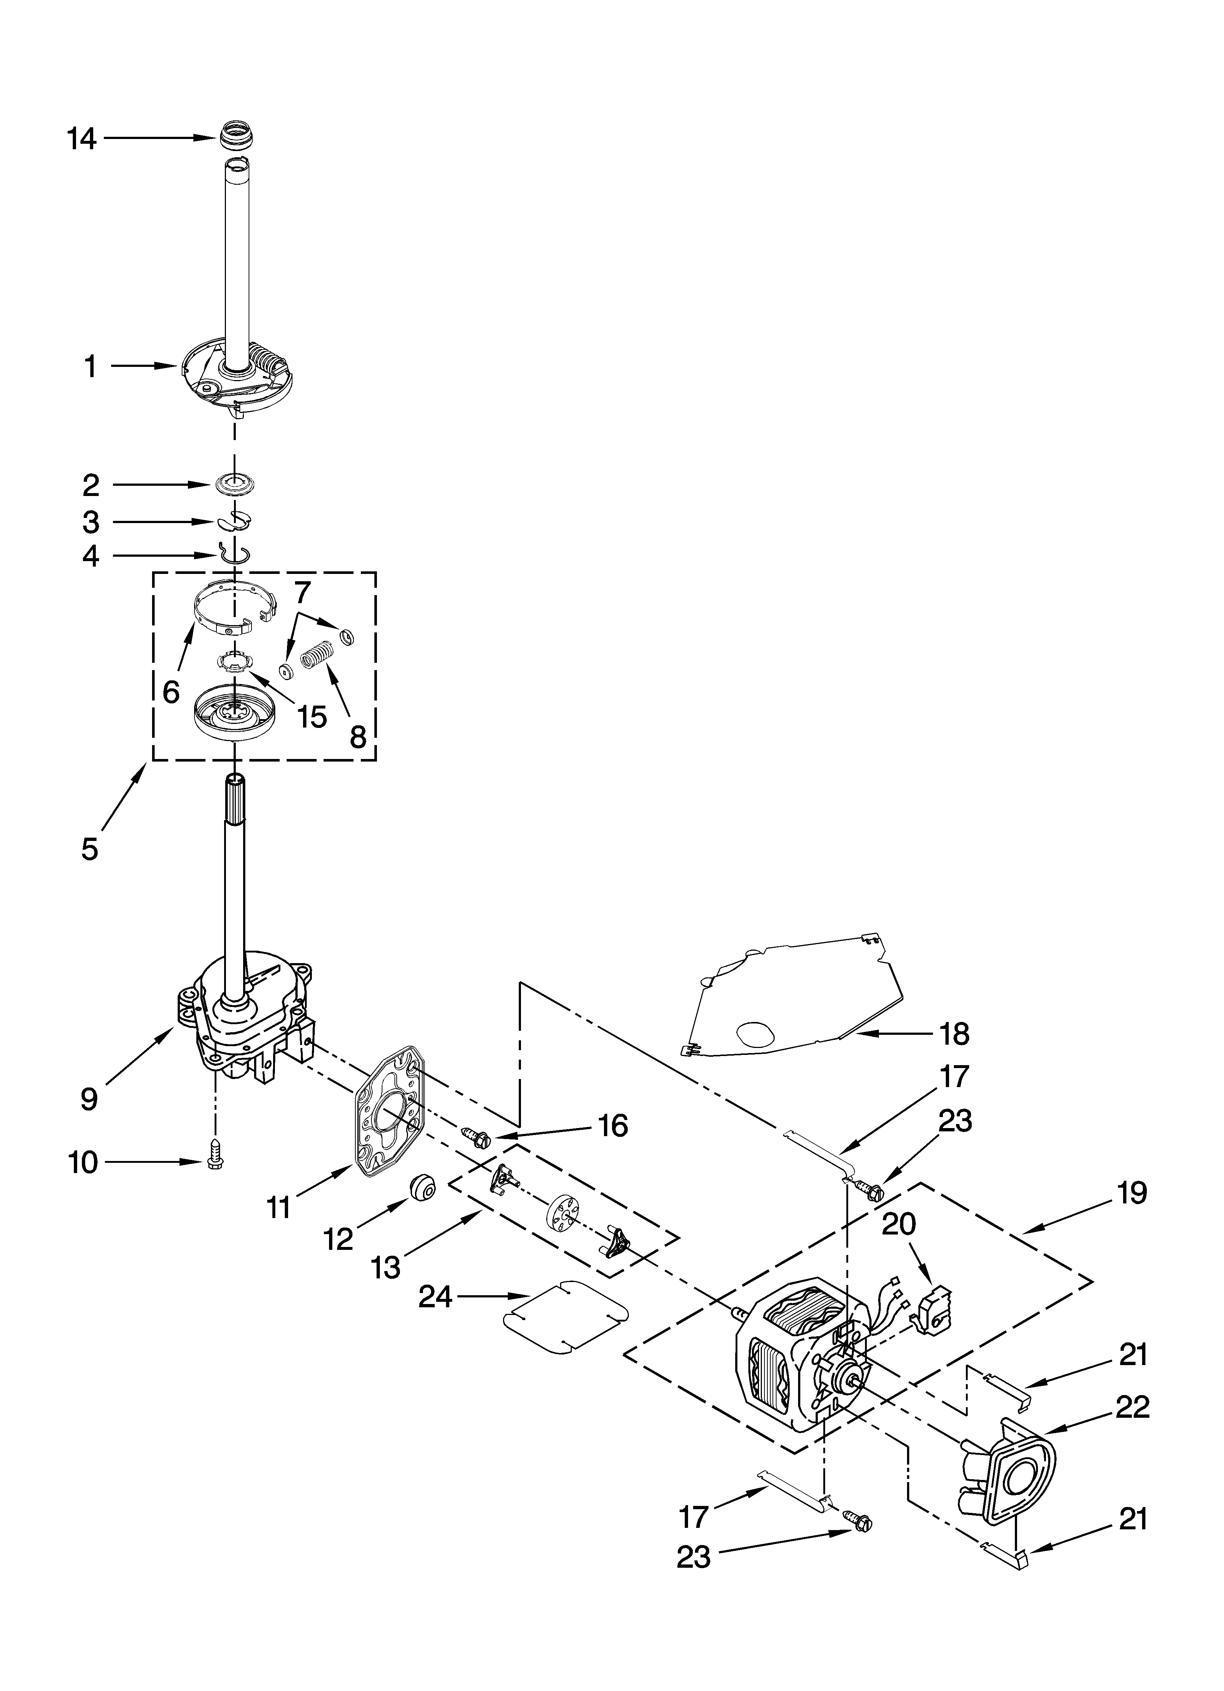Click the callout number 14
click(82, 139)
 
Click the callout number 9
click(89, 1097)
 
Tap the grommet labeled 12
click(422, 1187)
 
